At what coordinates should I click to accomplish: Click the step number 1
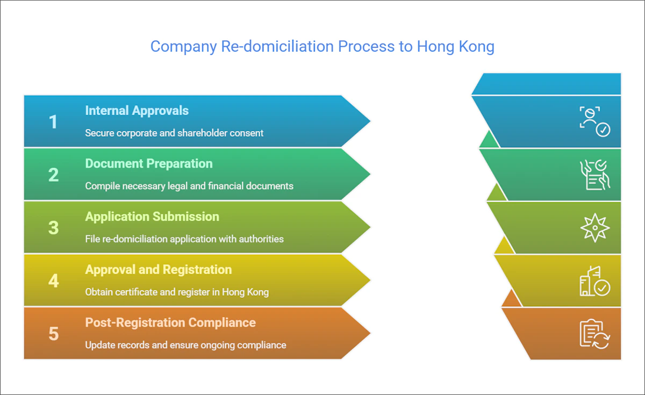[x=53, y=122]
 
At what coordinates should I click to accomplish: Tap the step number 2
[x=53, y=175]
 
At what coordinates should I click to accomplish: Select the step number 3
[x=53, y=227]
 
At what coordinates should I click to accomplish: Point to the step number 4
[x=53, y=281]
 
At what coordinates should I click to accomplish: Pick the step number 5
[x=53, y=333]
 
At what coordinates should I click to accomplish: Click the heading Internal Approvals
[x=137, y=111]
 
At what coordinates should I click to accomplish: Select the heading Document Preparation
[x=148, y=163]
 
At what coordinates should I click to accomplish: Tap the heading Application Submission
[x=152, y=217]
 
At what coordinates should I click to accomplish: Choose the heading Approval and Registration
[x=158, y=269]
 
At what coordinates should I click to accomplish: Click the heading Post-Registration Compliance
[x=170, y=322]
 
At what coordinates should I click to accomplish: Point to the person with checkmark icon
[x=594, y=121]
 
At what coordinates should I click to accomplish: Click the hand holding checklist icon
[x=594, y=175]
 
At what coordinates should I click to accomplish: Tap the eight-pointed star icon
[x=595, y=228]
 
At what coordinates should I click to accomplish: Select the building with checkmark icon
[x=594, y=281]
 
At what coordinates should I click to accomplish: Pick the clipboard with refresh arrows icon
[x=594, y=334]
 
